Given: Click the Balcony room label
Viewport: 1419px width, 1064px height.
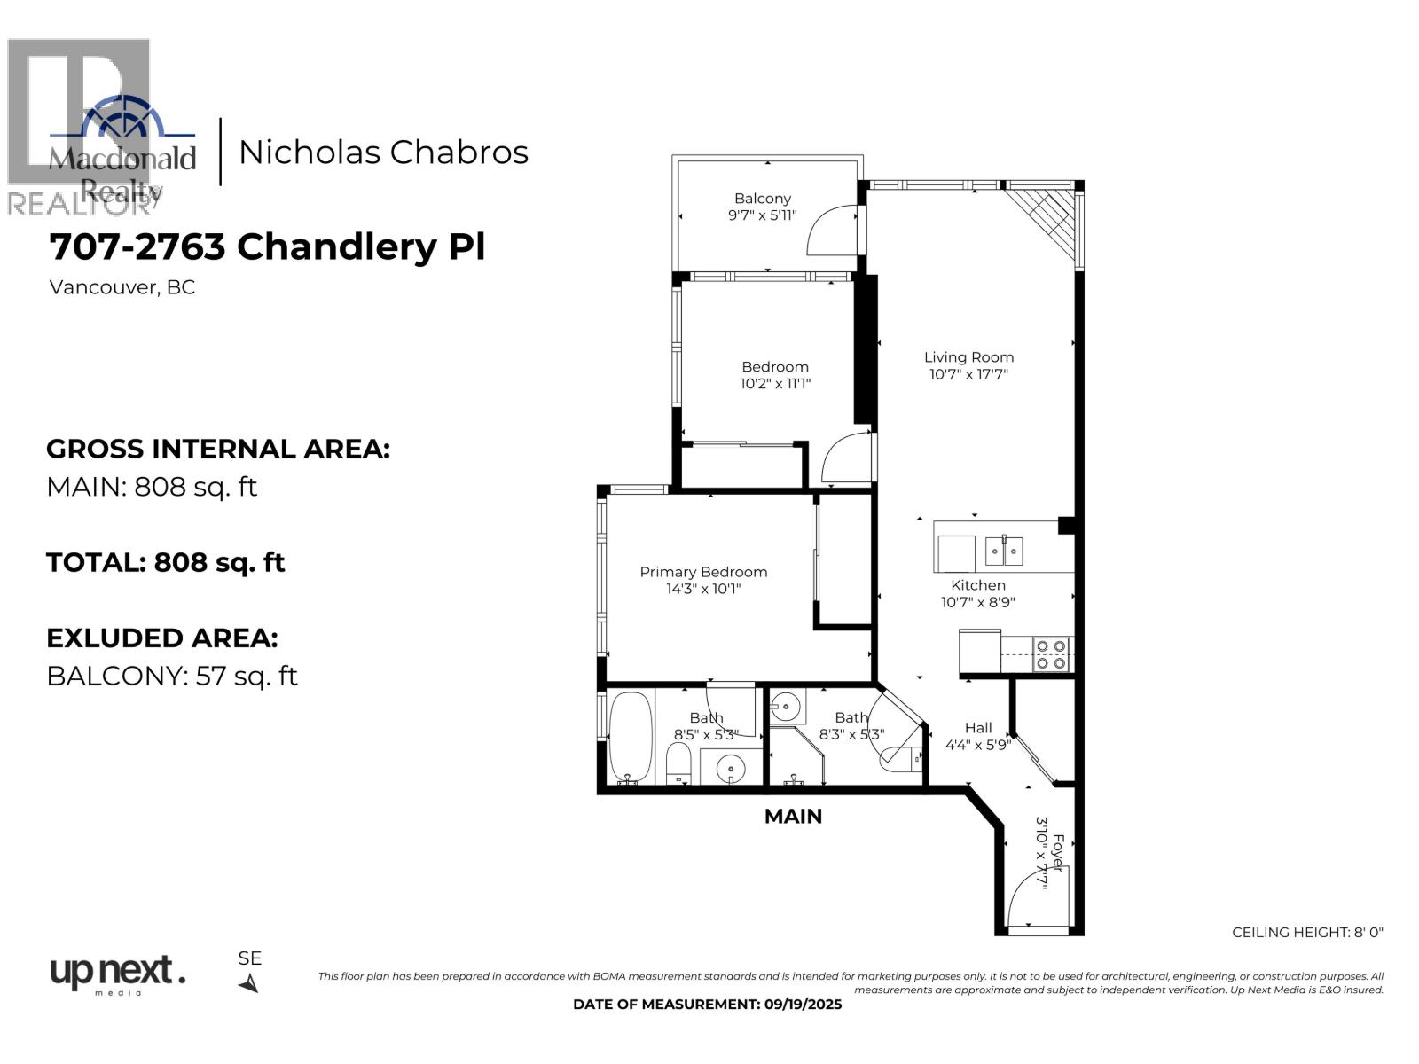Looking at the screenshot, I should pos(762,199).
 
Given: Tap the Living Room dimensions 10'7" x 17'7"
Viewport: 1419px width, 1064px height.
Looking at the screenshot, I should pos(968,374).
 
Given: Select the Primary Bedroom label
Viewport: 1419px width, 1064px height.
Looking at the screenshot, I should pos(703,572).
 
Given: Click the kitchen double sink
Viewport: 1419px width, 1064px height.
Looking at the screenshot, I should pos(1004,552).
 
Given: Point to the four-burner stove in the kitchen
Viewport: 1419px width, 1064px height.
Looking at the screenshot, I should pos(1052,654).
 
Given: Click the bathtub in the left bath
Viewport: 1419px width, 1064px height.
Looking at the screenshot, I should pos(630,736).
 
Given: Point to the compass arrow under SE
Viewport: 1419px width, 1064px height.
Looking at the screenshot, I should pos(249,983).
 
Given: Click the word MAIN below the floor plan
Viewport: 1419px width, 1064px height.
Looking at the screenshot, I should pos(793,816).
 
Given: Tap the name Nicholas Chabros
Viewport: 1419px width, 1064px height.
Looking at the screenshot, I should pos(383,153).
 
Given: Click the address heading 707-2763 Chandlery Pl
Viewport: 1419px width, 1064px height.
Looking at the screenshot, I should pos(267,246).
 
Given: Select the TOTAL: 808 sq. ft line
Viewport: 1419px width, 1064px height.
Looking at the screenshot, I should pos(165,562).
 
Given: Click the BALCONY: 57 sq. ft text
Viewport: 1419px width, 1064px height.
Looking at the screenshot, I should pos(171,676).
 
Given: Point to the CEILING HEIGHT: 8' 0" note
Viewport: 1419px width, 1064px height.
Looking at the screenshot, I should pos(1307,932).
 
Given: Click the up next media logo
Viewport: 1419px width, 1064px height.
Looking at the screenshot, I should pos(117,974).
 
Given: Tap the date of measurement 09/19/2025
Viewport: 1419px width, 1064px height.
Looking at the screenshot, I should pos(707,1005).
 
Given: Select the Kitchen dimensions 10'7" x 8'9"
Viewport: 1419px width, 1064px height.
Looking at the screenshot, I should pos(977,602).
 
